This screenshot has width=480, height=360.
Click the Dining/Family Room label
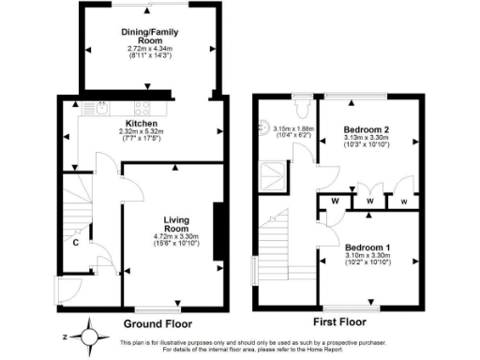[x=149, y=36]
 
